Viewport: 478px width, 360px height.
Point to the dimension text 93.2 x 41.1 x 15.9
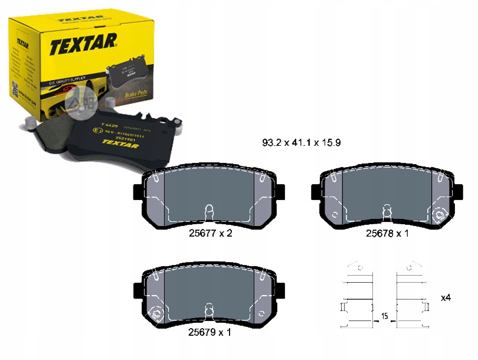coord(302,143)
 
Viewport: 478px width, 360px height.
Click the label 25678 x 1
coord(387,233)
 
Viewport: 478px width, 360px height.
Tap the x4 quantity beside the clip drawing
coord(446,297)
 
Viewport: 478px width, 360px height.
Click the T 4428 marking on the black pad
coord(110,125)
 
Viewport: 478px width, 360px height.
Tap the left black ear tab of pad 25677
coord(139,192)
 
